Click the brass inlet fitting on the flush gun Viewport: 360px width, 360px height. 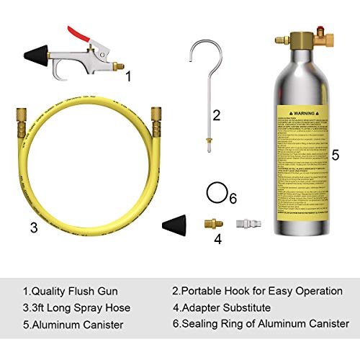point(113,67)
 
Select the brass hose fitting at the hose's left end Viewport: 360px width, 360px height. point(18,120)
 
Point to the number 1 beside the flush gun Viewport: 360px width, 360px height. point(128,74)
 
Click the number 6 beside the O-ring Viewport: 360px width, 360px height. point(232,197)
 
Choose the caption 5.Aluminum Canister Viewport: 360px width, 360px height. point(71,324)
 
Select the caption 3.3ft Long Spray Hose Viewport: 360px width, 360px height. point(77,307)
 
